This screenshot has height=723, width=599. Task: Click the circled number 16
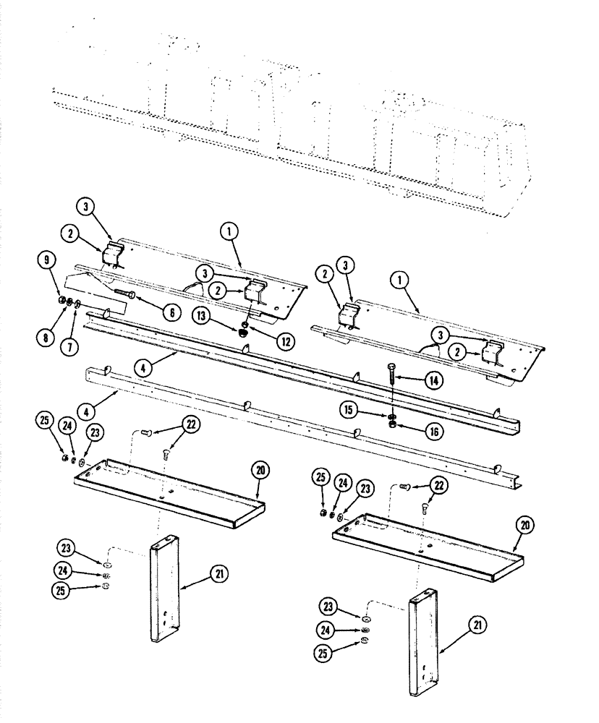pos(434,431)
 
